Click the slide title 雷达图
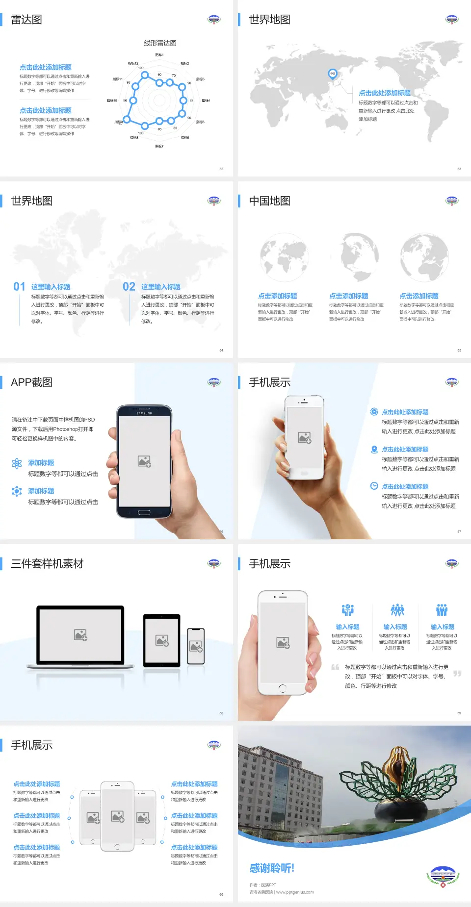click(x=26, y=20)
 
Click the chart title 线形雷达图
click(x=160, y=43)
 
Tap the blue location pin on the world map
click(x=333, y=74)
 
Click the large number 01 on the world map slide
click(x=19, y=286)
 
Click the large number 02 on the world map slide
click(x=129, y=286)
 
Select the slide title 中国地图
click(x=269, y=201)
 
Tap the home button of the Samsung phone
click(x=144, y=512)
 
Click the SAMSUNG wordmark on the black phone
click(x=144, y=413)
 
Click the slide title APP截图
click(x=31, y=382)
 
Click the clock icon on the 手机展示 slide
click(x=374, y=486)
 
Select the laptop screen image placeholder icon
click(x=80, y=635)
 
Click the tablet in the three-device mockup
click(x=162, y=640)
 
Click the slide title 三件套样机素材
click(x=47, y=564)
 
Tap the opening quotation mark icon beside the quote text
click(x=335, y=667)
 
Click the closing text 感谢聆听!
click(x=272, y=868)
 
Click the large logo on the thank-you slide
click(x=443, y=877)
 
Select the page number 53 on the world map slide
click(x=459, y=169)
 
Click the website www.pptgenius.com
click(x=294, y=892)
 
